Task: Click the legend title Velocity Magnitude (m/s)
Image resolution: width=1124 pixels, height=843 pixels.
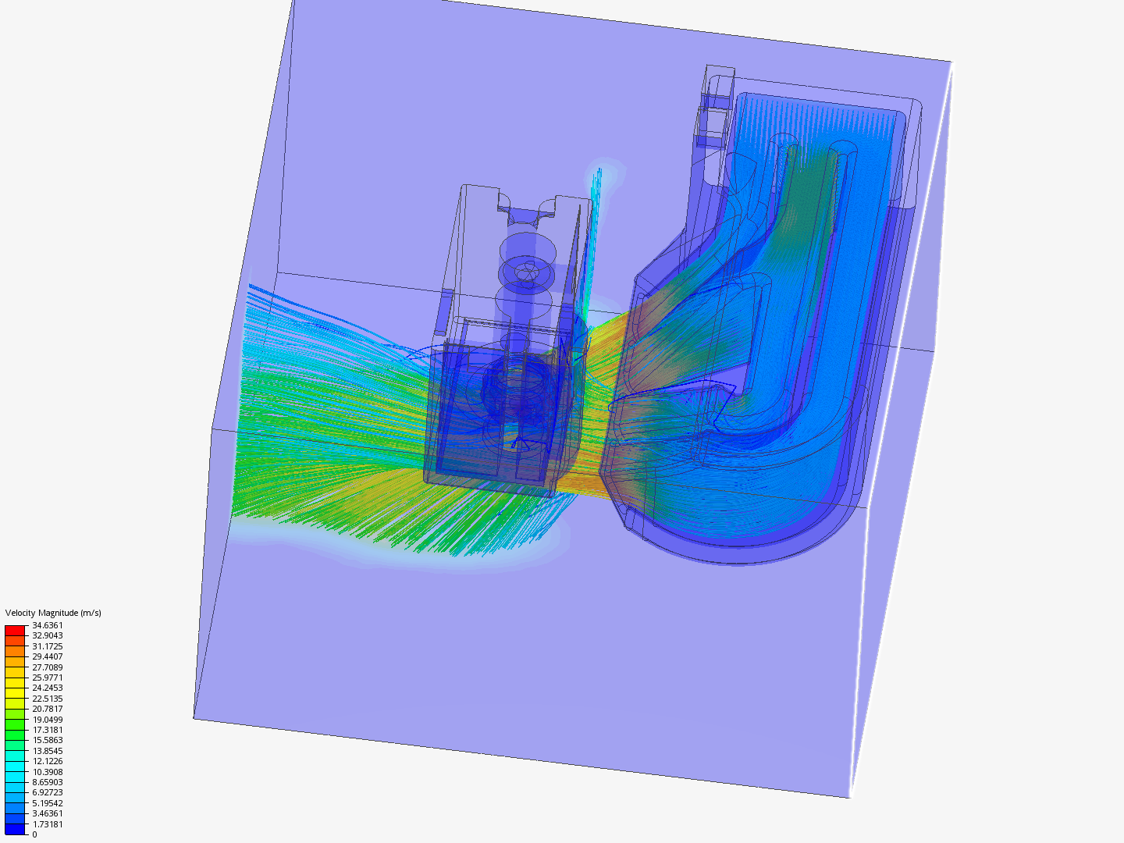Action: [53, 613]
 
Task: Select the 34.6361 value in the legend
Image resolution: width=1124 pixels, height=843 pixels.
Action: [47, 625]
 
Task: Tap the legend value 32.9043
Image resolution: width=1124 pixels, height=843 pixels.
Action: [47, 635]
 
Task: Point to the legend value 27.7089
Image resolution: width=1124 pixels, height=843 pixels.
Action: [47, 667]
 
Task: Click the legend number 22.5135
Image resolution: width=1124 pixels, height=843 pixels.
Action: [47, 698]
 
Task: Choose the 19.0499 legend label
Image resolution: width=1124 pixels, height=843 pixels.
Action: [47, 719]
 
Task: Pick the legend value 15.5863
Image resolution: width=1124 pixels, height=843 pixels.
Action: [47, 740]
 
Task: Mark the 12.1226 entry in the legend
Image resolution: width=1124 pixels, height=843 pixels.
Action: [47, 761]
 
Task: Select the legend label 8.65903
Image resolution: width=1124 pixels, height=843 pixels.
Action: [47, 782]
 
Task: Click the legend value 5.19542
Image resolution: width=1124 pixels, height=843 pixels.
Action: [47, 803]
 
